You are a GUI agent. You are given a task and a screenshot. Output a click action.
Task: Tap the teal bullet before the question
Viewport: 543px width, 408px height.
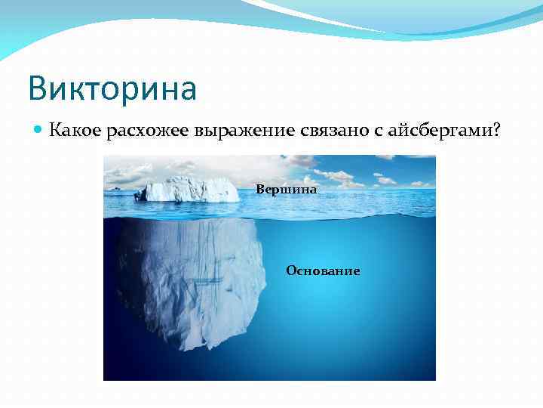(38, 131)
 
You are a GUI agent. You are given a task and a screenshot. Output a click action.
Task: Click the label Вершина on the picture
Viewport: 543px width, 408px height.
(287, 190)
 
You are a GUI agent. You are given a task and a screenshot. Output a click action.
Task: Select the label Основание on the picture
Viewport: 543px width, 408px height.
(323, 270)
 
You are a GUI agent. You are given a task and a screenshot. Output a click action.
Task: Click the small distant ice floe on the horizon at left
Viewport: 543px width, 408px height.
(115, 187)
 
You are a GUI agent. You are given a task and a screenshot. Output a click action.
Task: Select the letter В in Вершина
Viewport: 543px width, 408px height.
(260, 190)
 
